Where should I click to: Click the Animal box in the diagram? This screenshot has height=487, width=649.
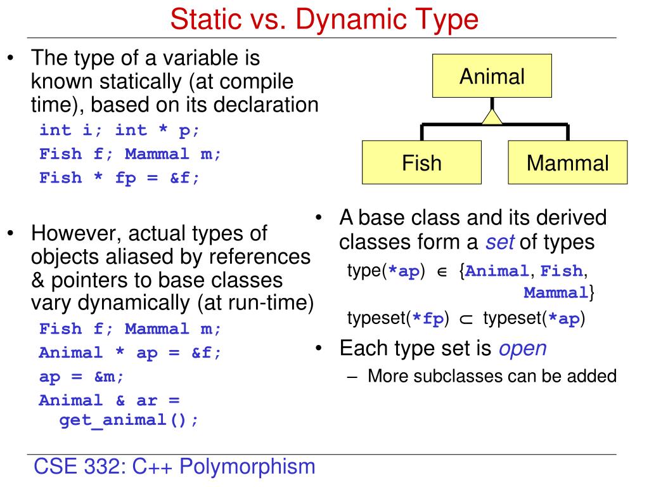tap(492, 77)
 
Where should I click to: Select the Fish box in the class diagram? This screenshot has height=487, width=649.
tap(421, 163)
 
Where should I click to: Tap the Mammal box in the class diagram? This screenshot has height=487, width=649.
tap(567, 163)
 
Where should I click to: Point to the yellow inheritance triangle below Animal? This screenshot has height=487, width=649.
tap(492, 116)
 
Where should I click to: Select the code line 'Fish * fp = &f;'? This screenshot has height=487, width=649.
tap(119, 178)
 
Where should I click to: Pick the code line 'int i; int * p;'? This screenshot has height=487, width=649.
tap(119, 130)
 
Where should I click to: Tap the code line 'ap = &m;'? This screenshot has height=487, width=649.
tap(82, 376)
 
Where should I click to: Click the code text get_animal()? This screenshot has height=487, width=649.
tap(129, 420)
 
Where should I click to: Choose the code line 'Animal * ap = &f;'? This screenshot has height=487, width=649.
tap(131, 353)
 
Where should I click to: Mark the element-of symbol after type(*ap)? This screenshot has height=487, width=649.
tap(443, 272)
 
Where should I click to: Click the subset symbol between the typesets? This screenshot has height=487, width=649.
tap(466, 320)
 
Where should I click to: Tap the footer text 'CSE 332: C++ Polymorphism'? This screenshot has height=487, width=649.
tap(174, 467)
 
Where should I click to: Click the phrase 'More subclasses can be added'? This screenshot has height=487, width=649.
tap(492, 375)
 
